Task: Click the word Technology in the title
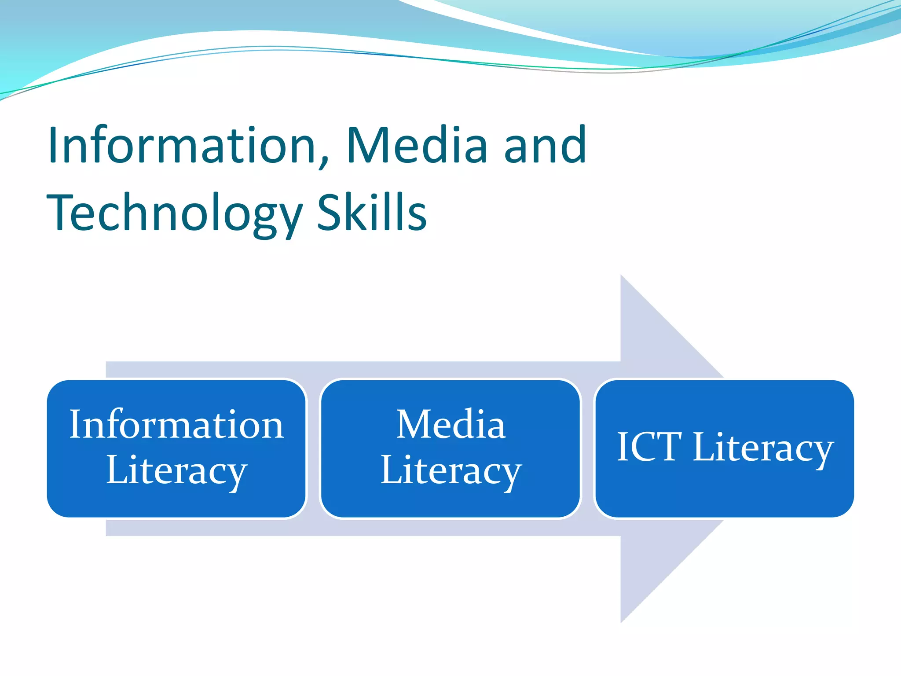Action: coord(174,214)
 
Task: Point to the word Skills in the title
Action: coord(372,213)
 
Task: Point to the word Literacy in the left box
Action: coord(176,471)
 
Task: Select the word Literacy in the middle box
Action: coord(450,471)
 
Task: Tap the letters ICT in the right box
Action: coord(649,447)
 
